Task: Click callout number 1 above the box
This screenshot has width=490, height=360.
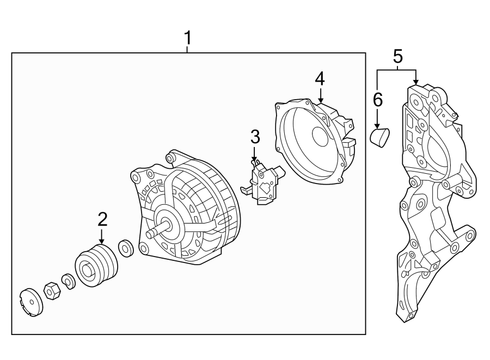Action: click(x=187, y=38)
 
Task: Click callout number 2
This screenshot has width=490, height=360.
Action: click(x=102, y=219)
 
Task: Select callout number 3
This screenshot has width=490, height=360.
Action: click(x=255, y=137)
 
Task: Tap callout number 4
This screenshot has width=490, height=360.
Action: click(x=320, y=80)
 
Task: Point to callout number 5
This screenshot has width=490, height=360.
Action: click(x=397, y=56)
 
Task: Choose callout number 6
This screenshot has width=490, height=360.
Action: click(x=377, y=99)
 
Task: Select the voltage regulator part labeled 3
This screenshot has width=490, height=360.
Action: click(x=264, y=183)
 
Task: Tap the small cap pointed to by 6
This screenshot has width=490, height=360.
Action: click(x=379, y=136)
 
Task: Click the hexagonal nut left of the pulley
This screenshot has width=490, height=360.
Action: click(x=51, y=292)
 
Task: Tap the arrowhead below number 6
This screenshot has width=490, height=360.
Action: click(x=377, y=126)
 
